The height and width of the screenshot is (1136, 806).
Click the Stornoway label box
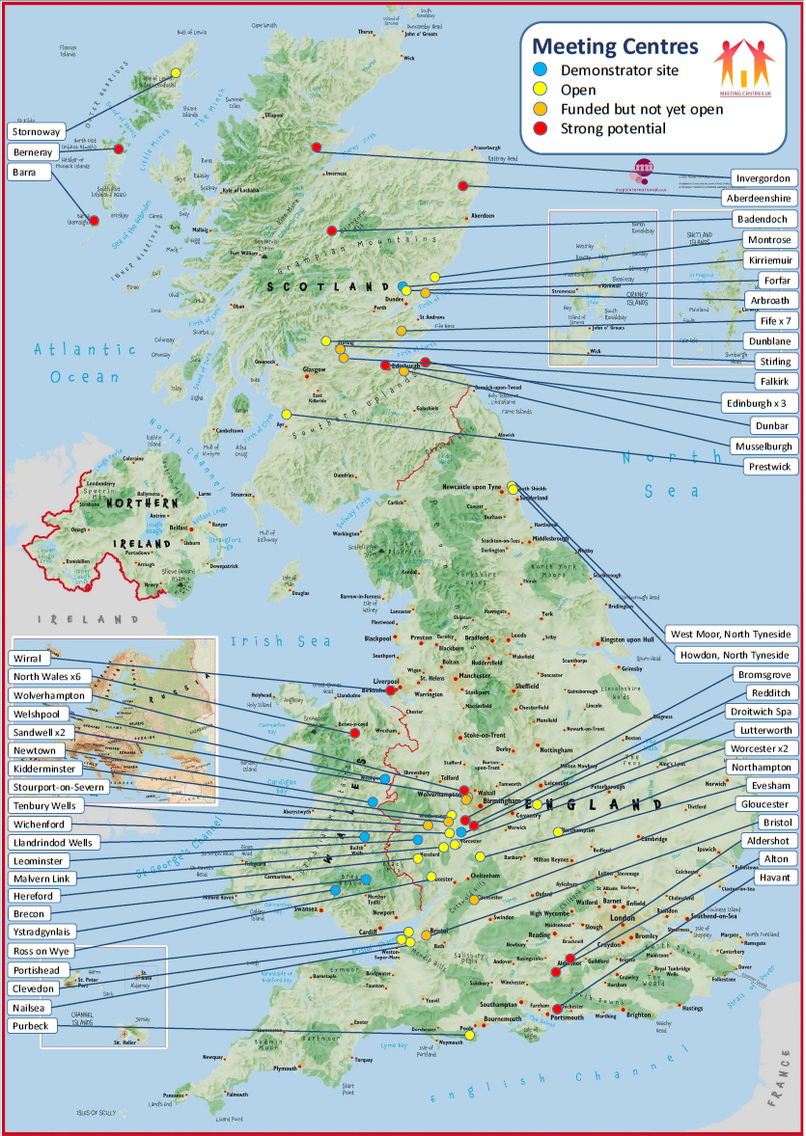(x=37, y=131)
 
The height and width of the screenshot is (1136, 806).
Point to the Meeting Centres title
(x=615, y=46)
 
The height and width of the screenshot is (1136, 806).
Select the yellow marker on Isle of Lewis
(x=176, y=72)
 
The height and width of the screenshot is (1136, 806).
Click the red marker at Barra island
(x=94, y=221)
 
